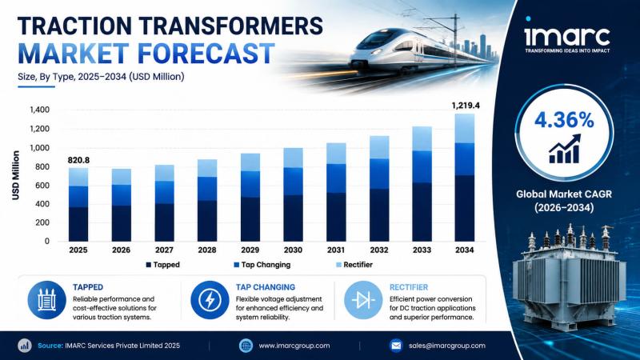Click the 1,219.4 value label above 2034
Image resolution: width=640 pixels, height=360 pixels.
point(466,106)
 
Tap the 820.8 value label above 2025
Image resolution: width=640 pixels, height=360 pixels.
point(78,161)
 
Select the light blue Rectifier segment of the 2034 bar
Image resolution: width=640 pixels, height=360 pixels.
point(465,128)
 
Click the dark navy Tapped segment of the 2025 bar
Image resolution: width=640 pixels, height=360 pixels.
point(78,224)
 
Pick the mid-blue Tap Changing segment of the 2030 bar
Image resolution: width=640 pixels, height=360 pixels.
point(293,182)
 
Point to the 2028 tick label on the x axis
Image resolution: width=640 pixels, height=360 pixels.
point(207,250)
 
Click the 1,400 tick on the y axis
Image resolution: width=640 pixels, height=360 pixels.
point(39,110)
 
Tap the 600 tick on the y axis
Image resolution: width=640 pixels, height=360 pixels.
point(42,186)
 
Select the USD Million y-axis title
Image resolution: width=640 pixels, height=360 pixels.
point(16,175)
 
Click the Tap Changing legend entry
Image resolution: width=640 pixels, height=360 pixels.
point(262,265)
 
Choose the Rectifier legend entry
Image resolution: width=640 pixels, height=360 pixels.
point(354,265)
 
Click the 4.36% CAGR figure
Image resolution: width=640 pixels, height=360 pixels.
point(564,120)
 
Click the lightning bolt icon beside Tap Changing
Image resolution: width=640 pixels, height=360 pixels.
point(210,300)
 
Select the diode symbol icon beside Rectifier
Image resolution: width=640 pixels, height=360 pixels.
point(363,300)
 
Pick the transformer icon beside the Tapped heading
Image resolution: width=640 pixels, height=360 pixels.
point(47,300)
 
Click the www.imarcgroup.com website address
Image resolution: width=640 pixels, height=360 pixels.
point(294,346)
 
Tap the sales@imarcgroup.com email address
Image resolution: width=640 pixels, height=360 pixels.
point(447,346)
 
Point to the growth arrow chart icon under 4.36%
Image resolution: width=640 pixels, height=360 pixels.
point(565,149)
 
